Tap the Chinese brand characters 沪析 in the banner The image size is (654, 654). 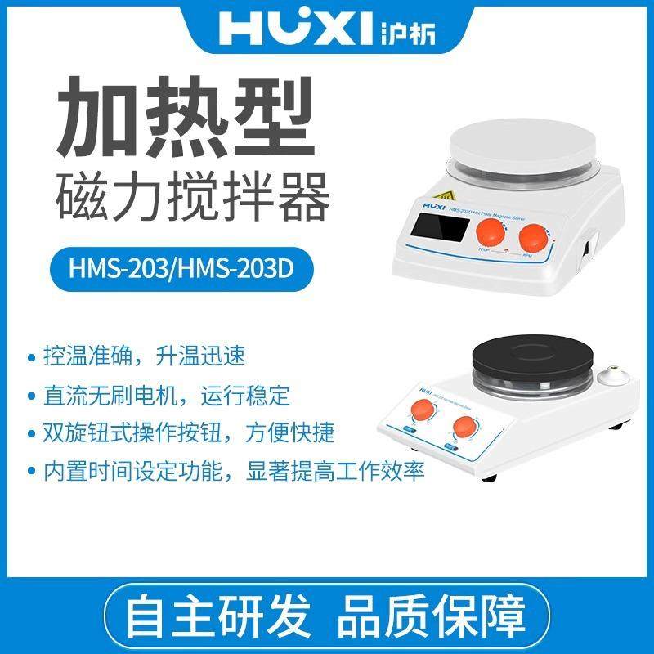click(405, 31)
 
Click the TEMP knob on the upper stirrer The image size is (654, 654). click(492, 231)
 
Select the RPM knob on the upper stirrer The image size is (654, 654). click(535, 240)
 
